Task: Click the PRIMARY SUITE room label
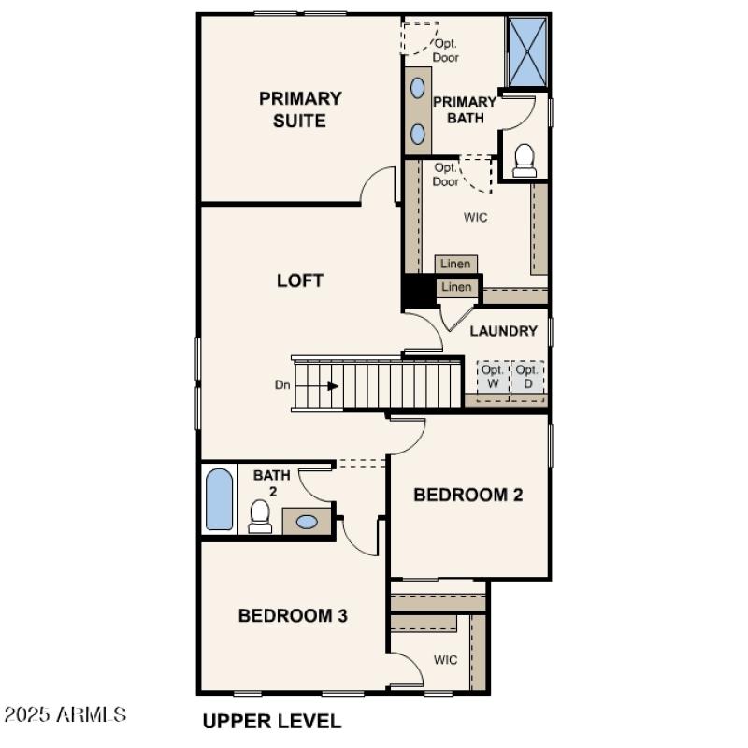300,109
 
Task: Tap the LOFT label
300,280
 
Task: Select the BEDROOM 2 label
467,495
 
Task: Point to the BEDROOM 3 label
293,615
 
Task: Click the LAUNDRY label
503,331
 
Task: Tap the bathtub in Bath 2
218,500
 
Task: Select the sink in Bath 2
306,522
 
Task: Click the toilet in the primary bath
525,160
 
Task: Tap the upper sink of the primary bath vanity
418,89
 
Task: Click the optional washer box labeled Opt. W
493,377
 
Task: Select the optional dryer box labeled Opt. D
527,377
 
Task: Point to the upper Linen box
456,265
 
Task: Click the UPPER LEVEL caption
272,721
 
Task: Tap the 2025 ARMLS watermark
65,715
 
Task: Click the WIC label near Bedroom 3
445,660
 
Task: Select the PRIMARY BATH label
465,109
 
